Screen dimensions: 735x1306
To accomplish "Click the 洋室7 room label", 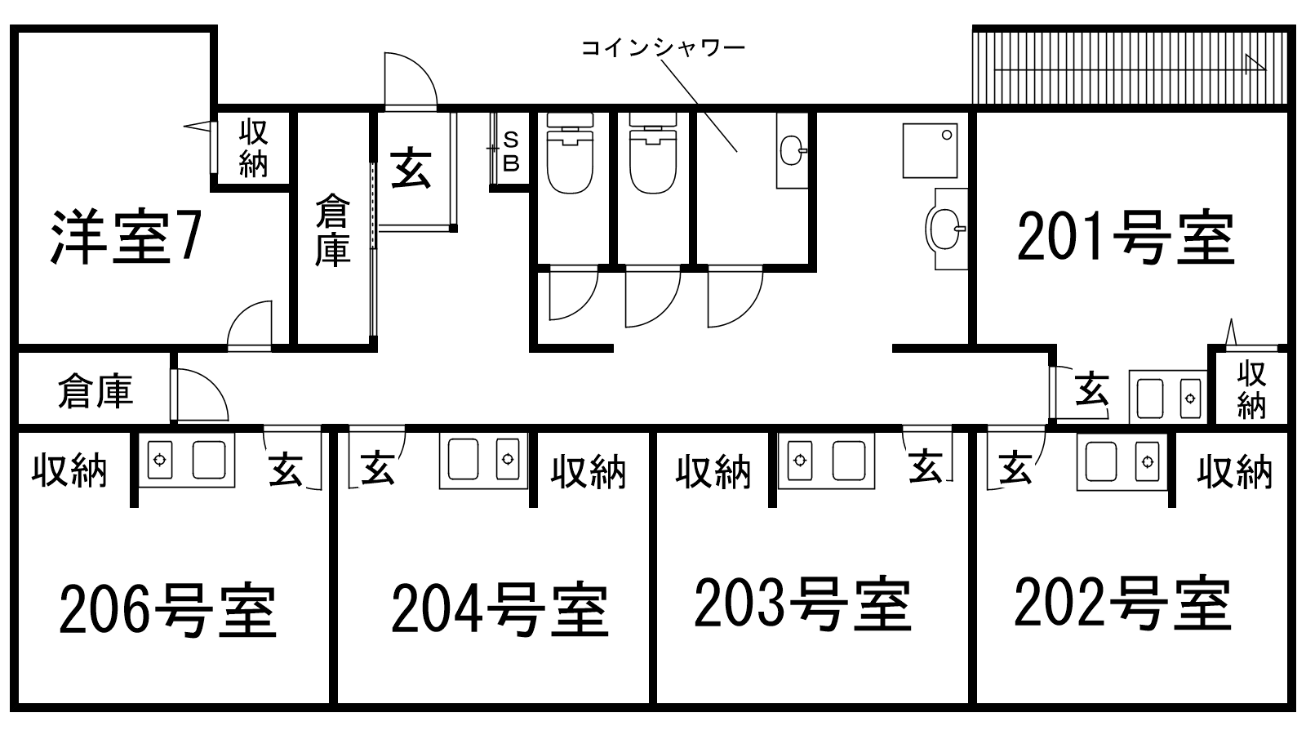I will point(124,237).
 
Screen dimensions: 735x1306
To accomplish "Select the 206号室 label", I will point(167,609).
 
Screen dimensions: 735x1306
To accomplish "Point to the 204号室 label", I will point(500,609).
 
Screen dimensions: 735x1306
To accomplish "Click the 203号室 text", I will point(802,604).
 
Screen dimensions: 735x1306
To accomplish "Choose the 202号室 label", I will point(1122,604).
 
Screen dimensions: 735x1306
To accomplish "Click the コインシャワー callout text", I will point(663,48).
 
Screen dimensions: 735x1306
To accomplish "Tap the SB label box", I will point(511,152).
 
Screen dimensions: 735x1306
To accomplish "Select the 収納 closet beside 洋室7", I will point(253,148).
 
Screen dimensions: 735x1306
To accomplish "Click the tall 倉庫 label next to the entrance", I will point(332,230).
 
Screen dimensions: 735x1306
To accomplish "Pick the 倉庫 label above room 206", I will point(95,392).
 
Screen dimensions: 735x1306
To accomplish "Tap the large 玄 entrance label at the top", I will point(411,168).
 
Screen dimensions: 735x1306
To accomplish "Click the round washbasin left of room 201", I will point(945,226).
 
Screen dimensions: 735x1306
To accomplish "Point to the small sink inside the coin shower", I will point(792,150).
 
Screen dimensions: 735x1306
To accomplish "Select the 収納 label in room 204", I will point(588,471).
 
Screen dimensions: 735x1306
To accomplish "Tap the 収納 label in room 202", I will point(1234,471).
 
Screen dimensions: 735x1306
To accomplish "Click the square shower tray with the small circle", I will point(930,150).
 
